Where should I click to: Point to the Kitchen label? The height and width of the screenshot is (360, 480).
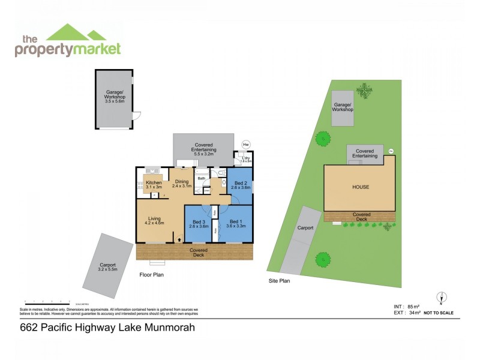point(154,183)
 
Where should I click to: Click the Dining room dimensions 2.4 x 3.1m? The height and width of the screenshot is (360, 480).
point(181,187)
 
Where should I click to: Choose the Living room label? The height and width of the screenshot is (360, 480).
point(155,220)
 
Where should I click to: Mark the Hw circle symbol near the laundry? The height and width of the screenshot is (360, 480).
point(245,144)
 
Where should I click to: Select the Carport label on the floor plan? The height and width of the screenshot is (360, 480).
point(108,265)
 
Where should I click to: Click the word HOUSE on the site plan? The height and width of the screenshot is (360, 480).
point(361,187)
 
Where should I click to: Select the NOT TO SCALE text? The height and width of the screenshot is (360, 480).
point(439,313)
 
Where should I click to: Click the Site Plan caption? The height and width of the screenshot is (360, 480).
point(279,280)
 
